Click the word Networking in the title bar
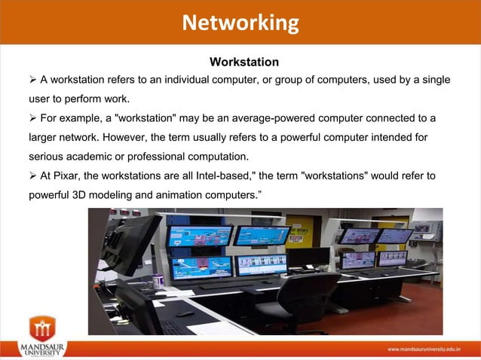click(x=240, y=23)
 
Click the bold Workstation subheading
click(x=244, y=61)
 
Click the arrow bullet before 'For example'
click(x=33, y=118)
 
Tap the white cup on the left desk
click(x=158, y=281)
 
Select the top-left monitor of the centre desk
click(x=200, y=236)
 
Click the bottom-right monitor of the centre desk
click(x=262, y=264)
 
